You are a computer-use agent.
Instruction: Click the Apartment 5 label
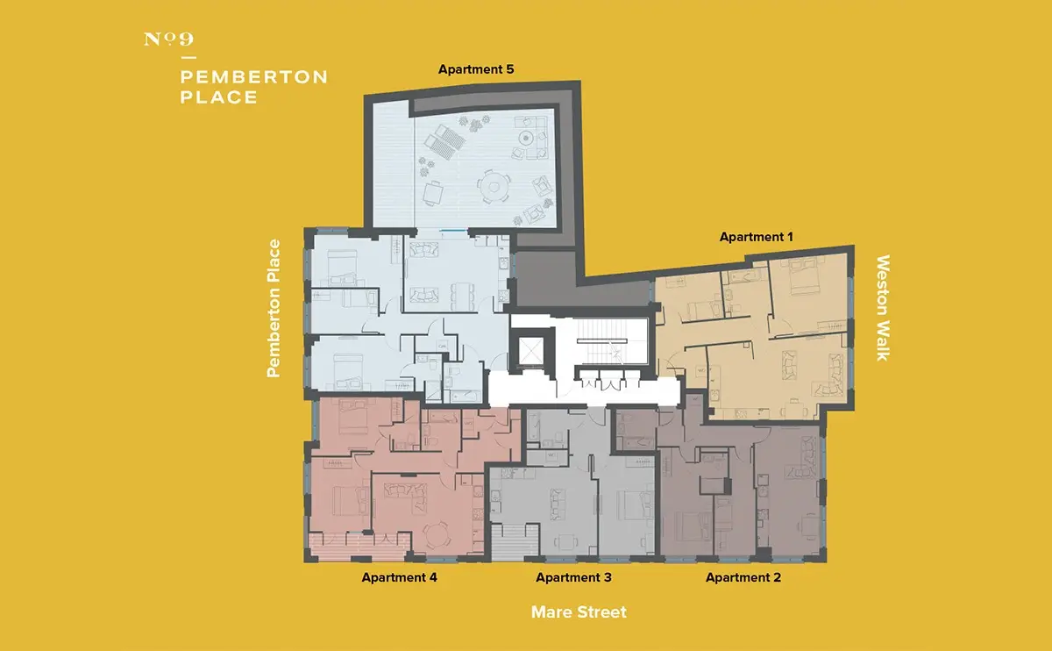tap(476, 69)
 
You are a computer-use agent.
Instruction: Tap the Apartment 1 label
tap(756, 237)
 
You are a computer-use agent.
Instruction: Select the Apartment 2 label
tap(743, 577)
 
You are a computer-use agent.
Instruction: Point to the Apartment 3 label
tap(573, 577)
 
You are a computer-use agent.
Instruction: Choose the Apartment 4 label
tap(399, 577)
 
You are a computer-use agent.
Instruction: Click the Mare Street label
tap(579, 612)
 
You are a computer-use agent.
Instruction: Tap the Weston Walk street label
tap(883, 308)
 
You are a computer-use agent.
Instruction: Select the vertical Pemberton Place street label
tap(274, 308)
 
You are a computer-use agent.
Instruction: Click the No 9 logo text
tap(168, 39)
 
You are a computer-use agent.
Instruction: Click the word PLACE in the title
tap(219, 97)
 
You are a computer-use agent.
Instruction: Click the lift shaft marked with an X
tap(530, 352)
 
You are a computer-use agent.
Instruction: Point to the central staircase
tap(601, 340)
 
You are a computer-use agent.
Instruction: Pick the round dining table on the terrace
tap(494, 187)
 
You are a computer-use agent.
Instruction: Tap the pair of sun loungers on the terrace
tap(444, 141)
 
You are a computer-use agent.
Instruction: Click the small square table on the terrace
tap(432, 193)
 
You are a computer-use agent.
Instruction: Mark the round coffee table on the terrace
tap(526, 139)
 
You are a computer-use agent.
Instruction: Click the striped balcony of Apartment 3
tap(515, 543)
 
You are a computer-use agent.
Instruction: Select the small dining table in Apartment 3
tap(567, 542)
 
